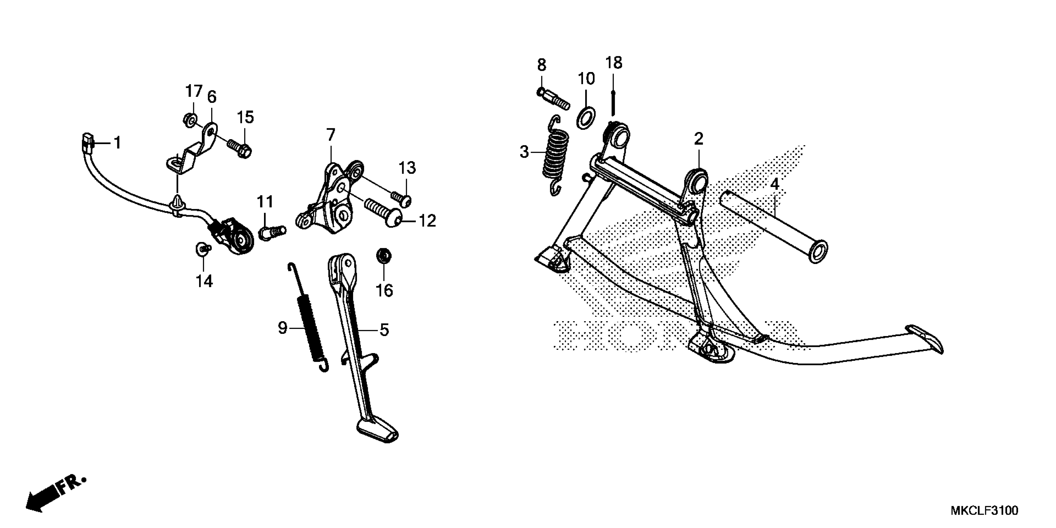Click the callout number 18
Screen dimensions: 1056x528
click(614, 63)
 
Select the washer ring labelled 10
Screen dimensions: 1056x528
click(586, 118)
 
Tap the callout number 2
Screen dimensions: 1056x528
click(699, 139)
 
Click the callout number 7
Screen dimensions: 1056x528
click(330, 134)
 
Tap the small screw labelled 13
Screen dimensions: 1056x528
click(401, 199)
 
